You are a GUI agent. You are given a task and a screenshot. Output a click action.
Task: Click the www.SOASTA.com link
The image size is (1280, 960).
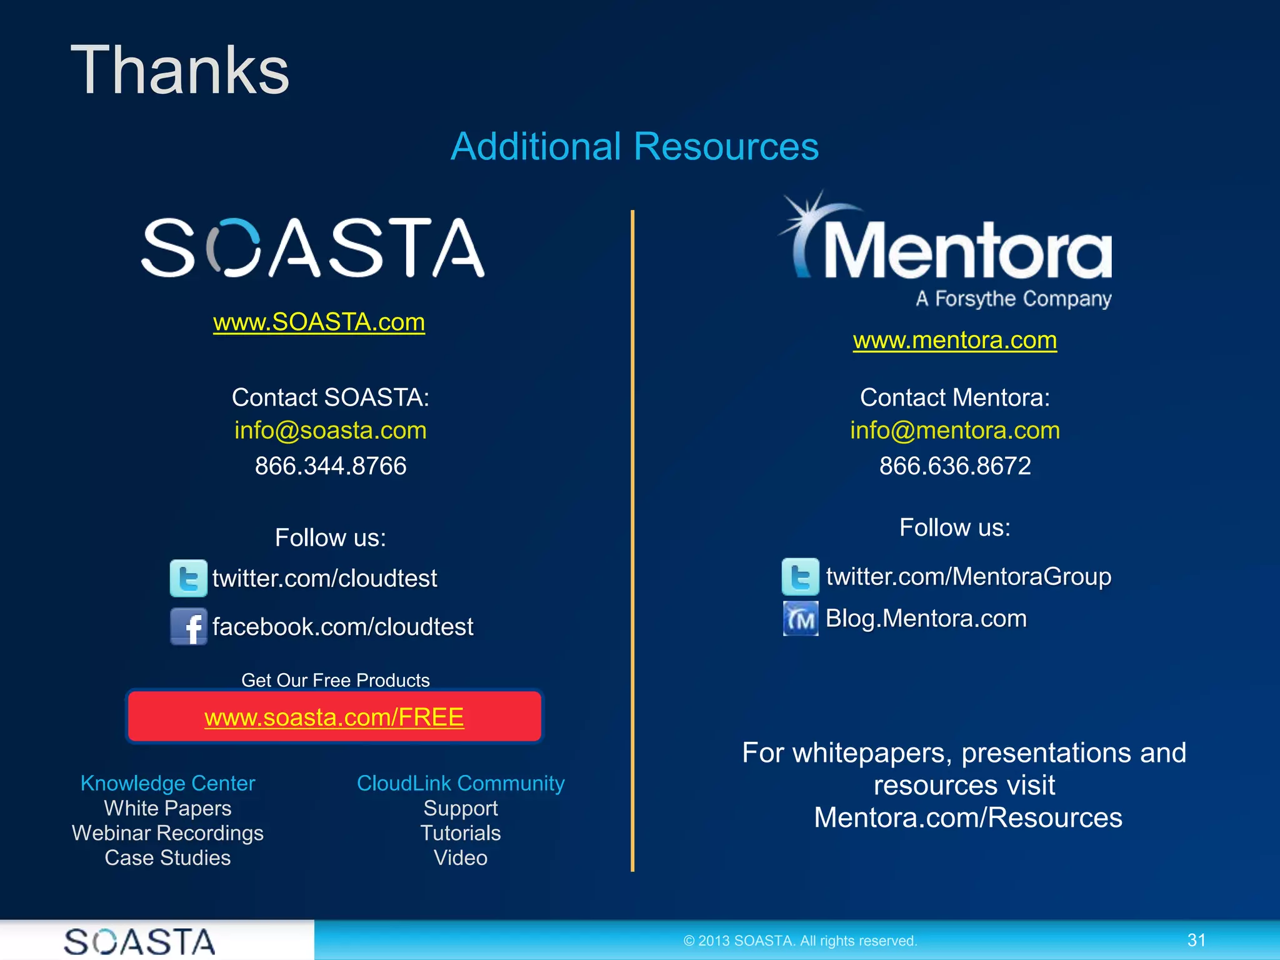point(319,322)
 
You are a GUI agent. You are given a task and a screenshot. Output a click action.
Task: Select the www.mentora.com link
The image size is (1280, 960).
point(954,341)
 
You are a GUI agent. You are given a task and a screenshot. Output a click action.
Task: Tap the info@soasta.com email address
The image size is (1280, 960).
point(330,431)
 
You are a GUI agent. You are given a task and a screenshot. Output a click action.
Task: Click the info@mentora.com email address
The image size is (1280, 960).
point(954,431)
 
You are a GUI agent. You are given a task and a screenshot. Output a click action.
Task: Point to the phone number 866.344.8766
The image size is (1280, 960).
point(330,466)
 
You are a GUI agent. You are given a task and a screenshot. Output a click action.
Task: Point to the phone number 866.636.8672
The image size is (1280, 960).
point(954,466)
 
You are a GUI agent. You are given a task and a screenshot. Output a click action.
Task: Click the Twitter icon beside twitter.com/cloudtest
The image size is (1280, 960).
point(188,578)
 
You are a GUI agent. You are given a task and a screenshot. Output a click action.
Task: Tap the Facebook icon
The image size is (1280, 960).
point(188,626)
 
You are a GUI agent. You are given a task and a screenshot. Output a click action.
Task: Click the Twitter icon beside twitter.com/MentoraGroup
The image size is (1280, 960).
point(800,576)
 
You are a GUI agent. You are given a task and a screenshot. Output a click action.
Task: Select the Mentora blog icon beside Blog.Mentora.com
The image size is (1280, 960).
point(800,619)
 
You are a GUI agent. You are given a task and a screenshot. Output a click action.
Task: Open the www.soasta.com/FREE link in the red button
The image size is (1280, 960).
point(334,717)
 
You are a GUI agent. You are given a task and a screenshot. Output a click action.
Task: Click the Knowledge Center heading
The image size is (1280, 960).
point(167,783)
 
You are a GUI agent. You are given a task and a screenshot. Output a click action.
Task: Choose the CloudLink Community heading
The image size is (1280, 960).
point(461,783)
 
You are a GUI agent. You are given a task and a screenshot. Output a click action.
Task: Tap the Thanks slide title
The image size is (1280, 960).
point(180,71)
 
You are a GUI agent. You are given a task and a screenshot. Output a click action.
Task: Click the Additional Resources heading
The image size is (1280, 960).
point(634,147)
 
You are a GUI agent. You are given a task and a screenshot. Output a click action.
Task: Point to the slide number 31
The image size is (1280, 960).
point(1196,940)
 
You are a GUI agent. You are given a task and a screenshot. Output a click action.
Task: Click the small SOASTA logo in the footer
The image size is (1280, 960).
point(139,941)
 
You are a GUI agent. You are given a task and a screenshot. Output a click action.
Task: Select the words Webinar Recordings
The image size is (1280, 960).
point(167,833)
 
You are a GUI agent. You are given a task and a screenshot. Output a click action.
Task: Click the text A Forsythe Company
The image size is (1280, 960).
point(1013,299)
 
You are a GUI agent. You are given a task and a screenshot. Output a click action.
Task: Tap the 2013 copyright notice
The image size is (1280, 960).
point(800,941)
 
